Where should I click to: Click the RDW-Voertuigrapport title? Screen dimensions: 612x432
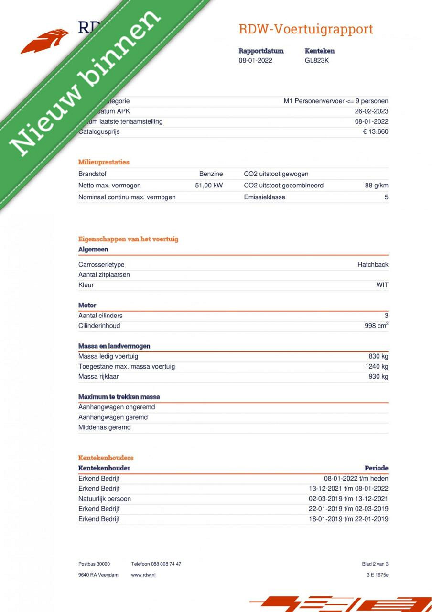[x=306, y=29]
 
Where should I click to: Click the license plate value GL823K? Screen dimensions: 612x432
[x=317, y=60]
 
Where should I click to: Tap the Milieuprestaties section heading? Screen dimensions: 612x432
[x=104, y=162]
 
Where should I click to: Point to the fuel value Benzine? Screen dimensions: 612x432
[x=211, y=174]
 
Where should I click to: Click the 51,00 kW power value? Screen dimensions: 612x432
[x=209, y=186]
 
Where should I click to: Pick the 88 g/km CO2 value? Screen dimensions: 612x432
[x=376, y=186]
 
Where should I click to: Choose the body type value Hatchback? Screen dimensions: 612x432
[x=373, y=265]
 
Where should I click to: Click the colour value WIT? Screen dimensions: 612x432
[x=382, y=285]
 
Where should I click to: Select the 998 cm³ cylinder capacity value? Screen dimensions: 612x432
[x=376, y=326]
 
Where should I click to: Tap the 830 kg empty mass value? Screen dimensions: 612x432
[x=378, y=356]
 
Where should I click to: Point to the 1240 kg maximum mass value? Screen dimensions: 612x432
[x=377, y=366]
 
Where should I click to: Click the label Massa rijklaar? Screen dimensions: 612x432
[x=98, y=377]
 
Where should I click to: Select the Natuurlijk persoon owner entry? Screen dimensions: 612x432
[x=105, y=499]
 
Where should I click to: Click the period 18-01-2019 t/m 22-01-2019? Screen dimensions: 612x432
[x=348, y=519]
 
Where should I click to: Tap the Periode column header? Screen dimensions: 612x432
[x=376, y=468]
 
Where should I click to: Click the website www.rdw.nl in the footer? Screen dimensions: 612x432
[x=143, y=575]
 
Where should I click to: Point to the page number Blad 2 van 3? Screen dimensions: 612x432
[x=375, y=564]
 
